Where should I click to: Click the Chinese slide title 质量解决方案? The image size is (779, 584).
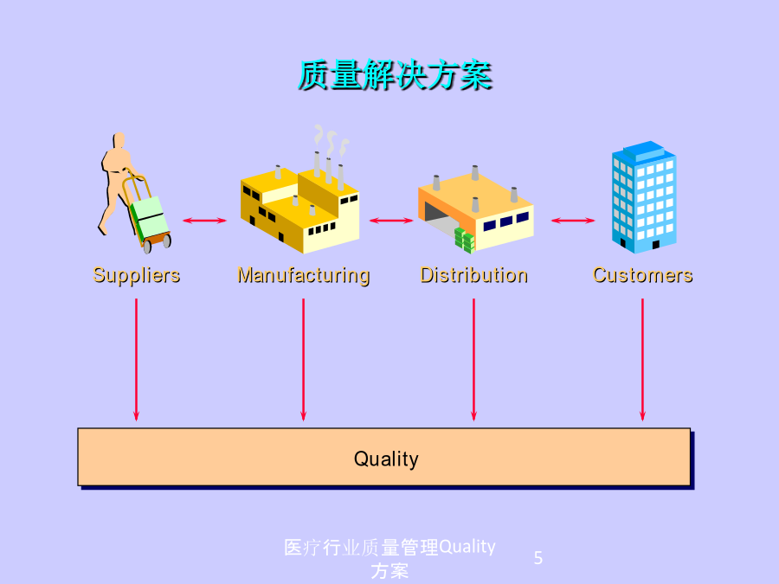(x=395, y=75)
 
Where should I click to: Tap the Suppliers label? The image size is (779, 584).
(x=137, y=275)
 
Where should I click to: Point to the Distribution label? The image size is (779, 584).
(x=474, y=275)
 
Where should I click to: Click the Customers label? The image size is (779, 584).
(x=643, y=275)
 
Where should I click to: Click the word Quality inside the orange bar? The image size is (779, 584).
(x=386, y=459)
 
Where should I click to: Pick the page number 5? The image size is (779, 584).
(x=538, y=558)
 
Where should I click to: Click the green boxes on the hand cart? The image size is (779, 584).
(x=149, y=219)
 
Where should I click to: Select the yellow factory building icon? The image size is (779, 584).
(x=300, y=209)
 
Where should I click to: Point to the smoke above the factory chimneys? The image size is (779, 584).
(x=331, y=139)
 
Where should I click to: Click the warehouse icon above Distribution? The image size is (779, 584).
(x=476, y=209)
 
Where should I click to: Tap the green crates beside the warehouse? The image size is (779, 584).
(x=465, y=241)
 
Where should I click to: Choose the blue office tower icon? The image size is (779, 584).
(x=644, y=197)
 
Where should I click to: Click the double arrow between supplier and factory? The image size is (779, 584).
(x=204, y=221)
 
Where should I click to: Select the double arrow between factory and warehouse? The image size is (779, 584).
(x=391, y=221)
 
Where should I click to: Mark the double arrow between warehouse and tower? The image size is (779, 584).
(x=573, y=221)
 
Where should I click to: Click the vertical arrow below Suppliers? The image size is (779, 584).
(x=136, y=360)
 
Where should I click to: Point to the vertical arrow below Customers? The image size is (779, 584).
(x=642, y=360)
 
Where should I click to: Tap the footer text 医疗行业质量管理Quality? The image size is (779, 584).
(x=390, y=548)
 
